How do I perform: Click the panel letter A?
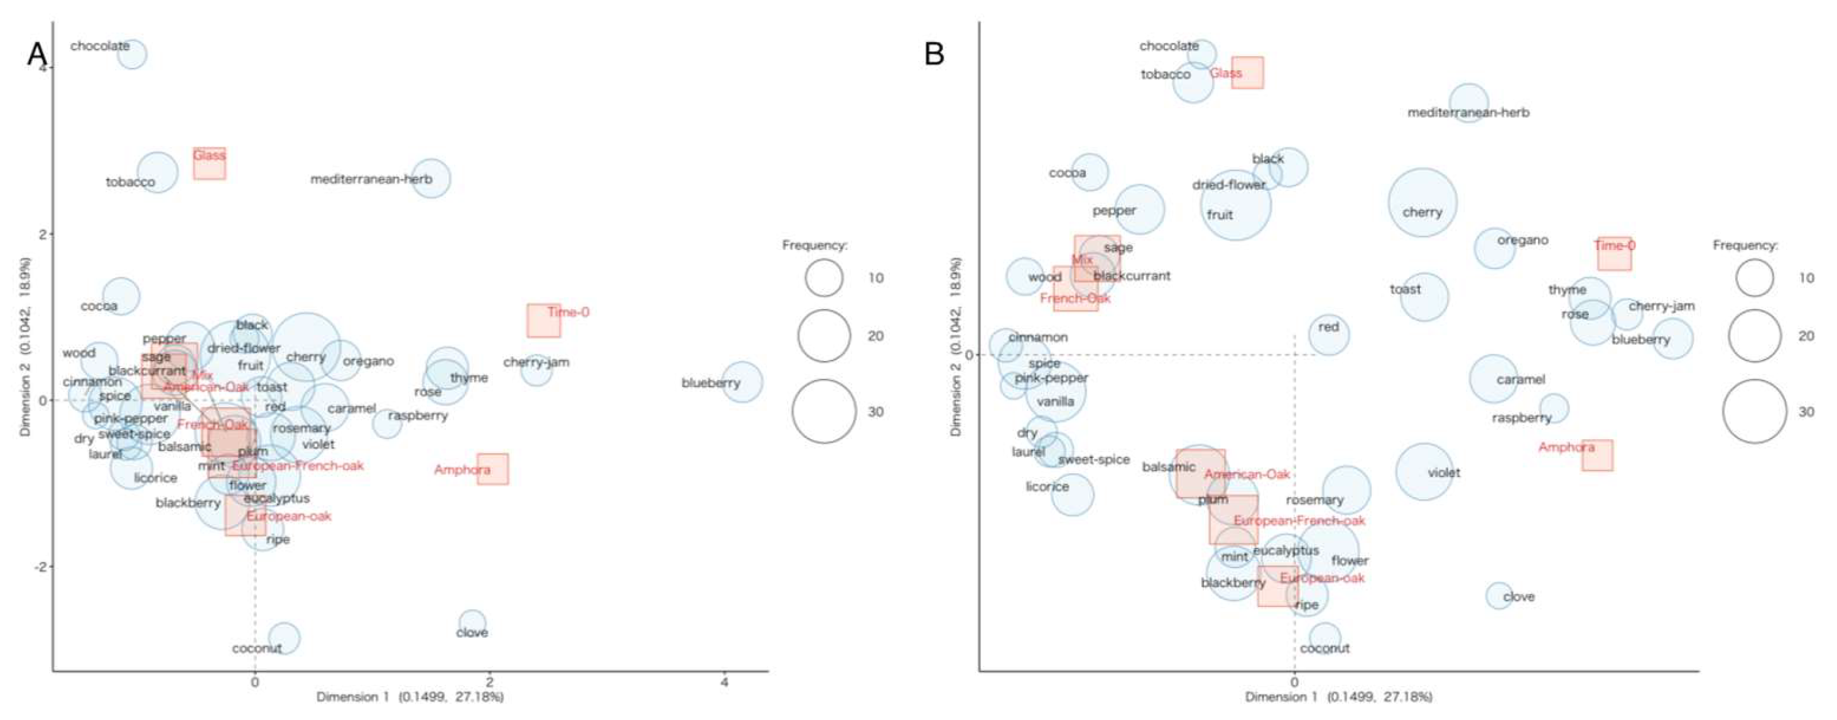click(37, 53)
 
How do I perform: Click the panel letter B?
click(933, 53)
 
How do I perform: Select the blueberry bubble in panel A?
click(742, 382)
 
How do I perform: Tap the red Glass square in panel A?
click(210, 163)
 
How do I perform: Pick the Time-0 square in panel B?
click(1614, 253)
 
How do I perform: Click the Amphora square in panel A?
click(493, 469)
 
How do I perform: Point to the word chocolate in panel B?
click(1168, 46)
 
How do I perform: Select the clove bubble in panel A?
click(472, 623)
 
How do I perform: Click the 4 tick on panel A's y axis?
click(44, 68)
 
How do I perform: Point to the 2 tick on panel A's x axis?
click(489, 682)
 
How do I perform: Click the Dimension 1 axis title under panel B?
click(1338, 697)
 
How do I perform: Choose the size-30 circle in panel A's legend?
click(823, 411)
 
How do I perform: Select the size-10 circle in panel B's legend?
click(1755, 278)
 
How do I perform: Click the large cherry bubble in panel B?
click(1422, 203)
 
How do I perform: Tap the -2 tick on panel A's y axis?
click(41, 567)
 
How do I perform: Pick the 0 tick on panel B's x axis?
click(1294, 682)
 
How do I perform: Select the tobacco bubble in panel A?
click(157, 173)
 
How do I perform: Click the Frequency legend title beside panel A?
click(815, 246)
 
